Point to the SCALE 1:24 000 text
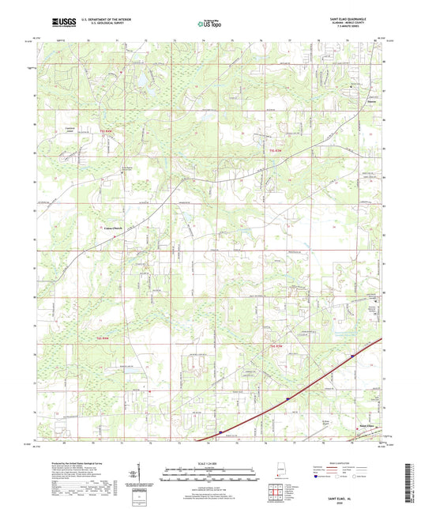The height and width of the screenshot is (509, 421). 210,464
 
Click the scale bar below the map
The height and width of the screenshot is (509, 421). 210,477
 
